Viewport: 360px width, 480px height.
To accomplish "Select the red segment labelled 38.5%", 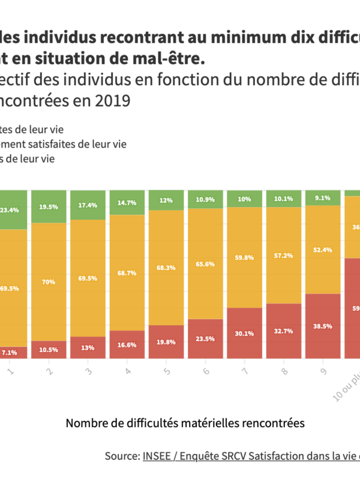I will point(323,326).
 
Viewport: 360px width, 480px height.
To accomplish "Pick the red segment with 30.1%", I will point(245,333).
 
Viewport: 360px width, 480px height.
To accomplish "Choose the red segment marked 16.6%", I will point(127,344).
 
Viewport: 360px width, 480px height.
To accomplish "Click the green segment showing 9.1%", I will point(323,197).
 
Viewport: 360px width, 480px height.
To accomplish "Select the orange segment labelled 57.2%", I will point(284,256).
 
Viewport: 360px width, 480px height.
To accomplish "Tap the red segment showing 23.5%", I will point(206,338).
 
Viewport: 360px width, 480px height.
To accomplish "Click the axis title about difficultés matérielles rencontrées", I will point(185,423).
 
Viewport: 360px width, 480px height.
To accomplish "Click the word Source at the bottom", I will point(122,456).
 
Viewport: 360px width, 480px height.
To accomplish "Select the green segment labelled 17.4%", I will point(88,205).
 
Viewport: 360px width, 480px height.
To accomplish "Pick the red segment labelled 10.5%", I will point(49,349).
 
